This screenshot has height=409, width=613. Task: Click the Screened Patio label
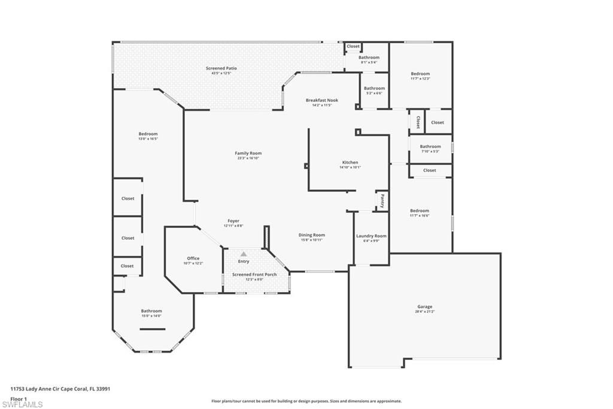pyautogui.click(x=221, y=68)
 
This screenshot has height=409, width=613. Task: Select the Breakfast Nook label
pyautogui.click(x=321, y=100)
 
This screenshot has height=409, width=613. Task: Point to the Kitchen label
pyautogui.click(x=350, y=163)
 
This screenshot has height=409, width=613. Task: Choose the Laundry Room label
pyautogui.click(x=371, y=236)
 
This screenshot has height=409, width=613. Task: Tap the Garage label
pyautogui.click(x=424, y=306)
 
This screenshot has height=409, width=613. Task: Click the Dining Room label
pyautogui.click(x=311, y=235)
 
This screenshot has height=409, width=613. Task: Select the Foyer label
pyautogui.click(x=233, y=221)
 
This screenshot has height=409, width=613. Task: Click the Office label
pyautogui.click(x=193, y=258)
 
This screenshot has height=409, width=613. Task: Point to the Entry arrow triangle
pyautogui.click(x=244, y=254)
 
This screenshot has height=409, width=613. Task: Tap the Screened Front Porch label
pyautogui.click(x=254, y=275)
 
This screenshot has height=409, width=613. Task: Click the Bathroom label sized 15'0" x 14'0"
pyautogui.click(x=151, y=311)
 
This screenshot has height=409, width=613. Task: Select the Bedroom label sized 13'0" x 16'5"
pyautogui.click(x=148, y=134)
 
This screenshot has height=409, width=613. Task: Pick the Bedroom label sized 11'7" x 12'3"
pyautogui.click(x=420, y=74)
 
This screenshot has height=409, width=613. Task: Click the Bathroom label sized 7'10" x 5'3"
pyautogui.click(x=430, y=146)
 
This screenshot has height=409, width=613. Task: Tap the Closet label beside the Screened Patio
pyautogui.click(x=353, y=46)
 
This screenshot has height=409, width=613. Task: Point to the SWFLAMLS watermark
pyautogui.click(x=22, y=404)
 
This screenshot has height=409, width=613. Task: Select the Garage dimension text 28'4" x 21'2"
pyautogui.click(x=424, y=312)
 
